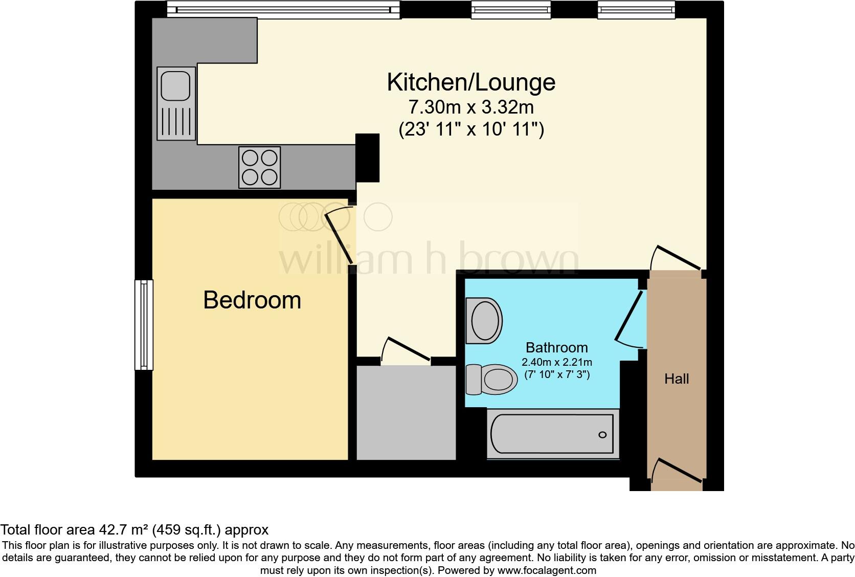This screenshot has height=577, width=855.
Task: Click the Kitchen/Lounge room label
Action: point(470,82)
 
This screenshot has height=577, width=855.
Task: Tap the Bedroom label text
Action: point(252,300)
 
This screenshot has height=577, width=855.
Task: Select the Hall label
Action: point(677,379)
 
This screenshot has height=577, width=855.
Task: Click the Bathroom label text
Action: point(556,348)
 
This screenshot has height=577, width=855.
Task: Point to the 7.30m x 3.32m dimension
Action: point(470,107)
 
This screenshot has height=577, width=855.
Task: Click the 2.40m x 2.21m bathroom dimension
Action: point(556,362)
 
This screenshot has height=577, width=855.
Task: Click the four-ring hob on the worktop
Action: point(259,167)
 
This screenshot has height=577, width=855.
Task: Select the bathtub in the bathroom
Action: point(552,434)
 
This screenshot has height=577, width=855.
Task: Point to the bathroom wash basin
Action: point(484,321)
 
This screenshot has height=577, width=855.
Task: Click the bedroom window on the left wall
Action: point(144,324)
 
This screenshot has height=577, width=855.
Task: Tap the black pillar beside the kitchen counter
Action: point(367,158)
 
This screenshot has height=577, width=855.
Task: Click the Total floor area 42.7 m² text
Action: point(134,529)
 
